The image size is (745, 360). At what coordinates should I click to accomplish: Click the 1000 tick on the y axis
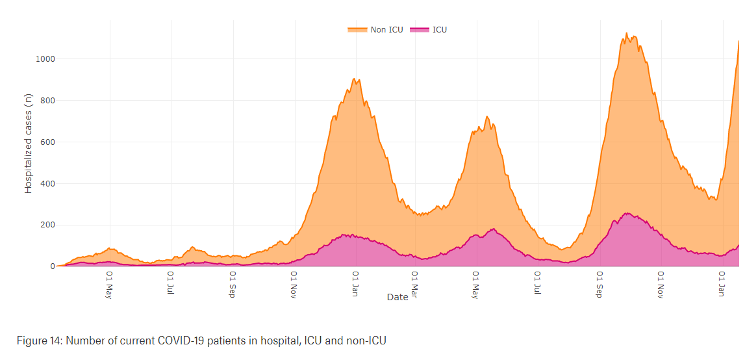coord(45,59)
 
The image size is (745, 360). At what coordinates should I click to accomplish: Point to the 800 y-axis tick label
coord(47,101)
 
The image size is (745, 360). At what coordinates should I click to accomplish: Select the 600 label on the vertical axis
coord(47,142)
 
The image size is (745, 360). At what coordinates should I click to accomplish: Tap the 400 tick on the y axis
coord(47,184)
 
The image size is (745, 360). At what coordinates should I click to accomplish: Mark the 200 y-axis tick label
coord(47,225)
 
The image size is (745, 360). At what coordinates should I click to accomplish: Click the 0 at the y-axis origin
coord(51,266)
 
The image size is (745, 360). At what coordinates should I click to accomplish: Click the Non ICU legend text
coord(386,29)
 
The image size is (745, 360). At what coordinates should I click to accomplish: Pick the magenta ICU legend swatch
coord(420,29)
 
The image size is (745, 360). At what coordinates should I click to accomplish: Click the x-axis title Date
coord(397,297)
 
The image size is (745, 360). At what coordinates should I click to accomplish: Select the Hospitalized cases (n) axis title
coord(29,144)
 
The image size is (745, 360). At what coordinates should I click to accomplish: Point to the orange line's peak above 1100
coord(626,33)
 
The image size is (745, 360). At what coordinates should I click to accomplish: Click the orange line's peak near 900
coord(353,79)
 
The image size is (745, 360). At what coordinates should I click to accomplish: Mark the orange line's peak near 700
coord(486,117)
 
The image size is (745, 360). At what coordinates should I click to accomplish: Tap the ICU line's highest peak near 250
coord(626,213)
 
